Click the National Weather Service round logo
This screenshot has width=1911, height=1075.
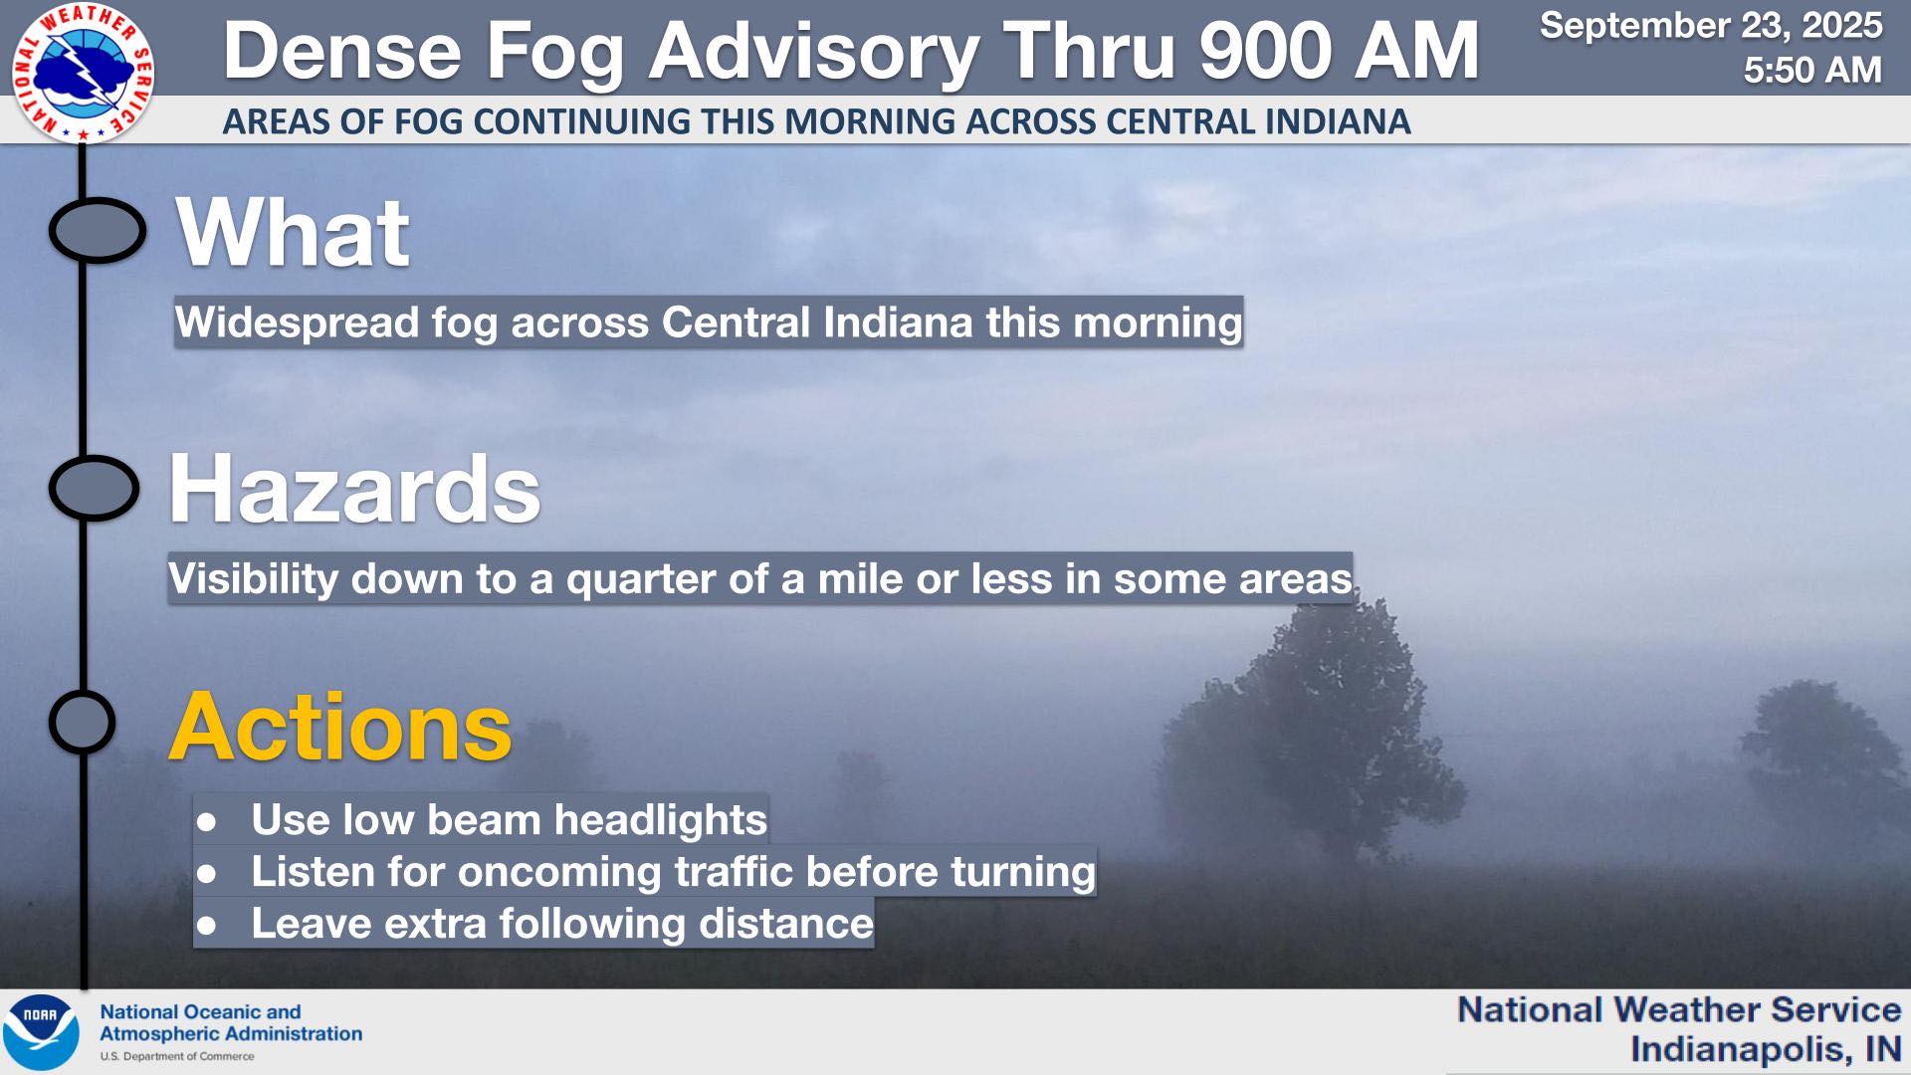(83, 73)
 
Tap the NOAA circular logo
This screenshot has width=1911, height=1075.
(40, 1032)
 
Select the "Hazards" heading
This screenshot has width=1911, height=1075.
(354, 489)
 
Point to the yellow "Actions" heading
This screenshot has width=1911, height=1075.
(340, 727)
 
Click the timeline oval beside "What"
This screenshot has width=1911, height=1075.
(97, 230)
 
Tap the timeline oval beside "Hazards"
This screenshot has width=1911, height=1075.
(94, 488)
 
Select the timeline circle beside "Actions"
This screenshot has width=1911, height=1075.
(82, 722)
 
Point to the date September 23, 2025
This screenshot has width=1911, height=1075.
(1711, 25)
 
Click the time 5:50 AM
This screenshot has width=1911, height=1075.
(1812, 70)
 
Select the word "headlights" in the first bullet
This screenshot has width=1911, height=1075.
(660, 819)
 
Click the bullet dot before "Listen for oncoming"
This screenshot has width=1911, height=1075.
(207, 874)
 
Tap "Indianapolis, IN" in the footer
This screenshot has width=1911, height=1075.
(1766, 1049)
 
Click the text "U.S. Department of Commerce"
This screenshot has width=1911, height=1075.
(177, 1056)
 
